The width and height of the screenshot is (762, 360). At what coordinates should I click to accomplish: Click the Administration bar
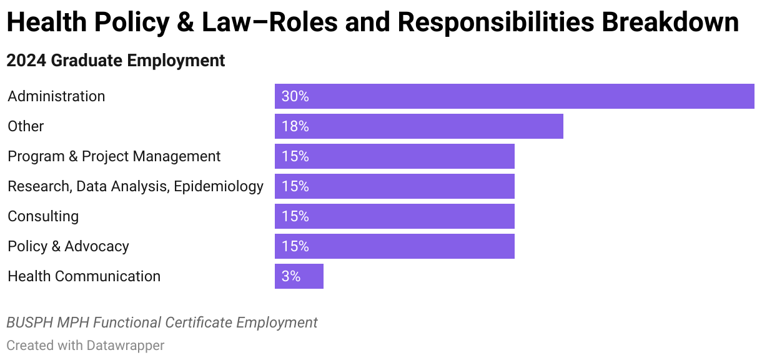pos(514,96)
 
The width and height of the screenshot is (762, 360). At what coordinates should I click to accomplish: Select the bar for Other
pos(418,126)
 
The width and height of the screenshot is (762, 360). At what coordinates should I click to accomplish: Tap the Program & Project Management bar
pos(394,156)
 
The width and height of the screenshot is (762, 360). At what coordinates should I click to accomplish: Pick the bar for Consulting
pos(394,216)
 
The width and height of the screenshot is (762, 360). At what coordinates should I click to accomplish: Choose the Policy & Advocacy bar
pos(394,246)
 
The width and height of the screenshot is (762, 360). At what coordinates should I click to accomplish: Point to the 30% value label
pos(295,97)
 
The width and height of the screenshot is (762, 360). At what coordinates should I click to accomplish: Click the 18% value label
pos(295,127)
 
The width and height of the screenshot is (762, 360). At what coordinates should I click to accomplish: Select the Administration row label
pos(56,96)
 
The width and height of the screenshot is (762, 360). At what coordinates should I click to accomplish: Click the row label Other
pos(26,126)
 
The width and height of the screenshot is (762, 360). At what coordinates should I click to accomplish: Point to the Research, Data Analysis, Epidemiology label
pos(136,186)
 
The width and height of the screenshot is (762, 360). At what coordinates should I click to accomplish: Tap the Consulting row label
pos(43,216)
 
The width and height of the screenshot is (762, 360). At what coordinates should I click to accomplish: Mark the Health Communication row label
pos(84,276)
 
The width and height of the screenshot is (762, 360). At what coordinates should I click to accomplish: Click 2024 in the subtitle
pos(26,61)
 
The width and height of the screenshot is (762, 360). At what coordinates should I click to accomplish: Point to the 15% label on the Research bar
pos(295,186)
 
